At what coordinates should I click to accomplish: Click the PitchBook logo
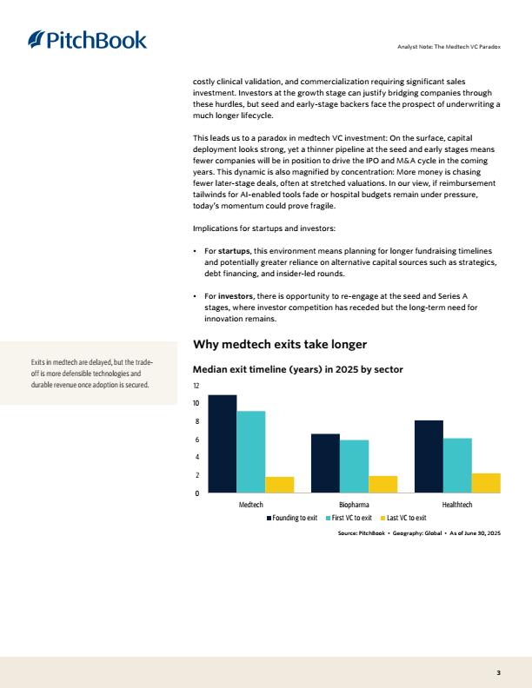pyautogui.click(x=88, y=40)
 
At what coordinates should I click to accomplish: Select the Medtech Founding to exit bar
pyautogui.click(x=222, y=444)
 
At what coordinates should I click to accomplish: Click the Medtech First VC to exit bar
pyautogui.click(x=250, y=452)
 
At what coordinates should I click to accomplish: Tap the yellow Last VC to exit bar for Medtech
pyautogui.click(x=279, y=485)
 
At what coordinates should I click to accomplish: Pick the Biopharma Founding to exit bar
pyautogui.click(x=325, y=463)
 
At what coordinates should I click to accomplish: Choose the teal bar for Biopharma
pyautogui.click(x=354, y=466)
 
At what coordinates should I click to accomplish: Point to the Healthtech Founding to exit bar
pyautogui.click(x=429, y=457)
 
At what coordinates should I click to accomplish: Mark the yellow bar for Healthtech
pyautogui.click(x=486, y=483)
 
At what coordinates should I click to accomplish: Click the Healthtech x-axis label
pyautogui.click(x=457, y=504)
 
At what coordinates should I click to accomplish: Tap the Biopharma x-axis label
pyautogui.click(x=354, y=504)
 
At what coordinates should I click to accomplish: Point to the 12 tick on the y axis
pyautogui.click(x=196, y=386)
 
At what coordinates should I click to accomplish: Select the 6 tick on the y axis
pyautogui.click(x=197, y=440)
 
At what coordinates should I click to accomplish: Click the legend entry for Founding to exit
pyautogui.click(x=292, y=518)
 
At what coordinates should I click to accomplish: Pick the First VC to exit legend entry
pyautogui.click(x=349, y=518)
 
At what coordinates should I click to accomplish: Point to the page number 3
pyautogui.click(x=498, y=672)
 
